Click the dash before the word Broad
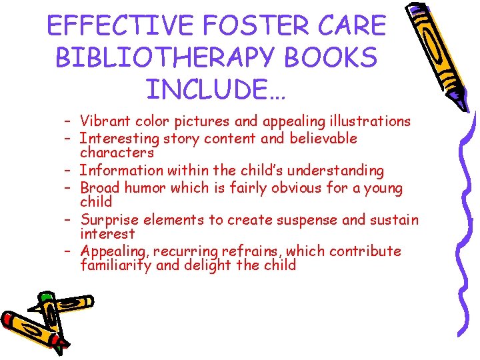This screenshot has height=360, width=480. (x=69, y=188)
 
